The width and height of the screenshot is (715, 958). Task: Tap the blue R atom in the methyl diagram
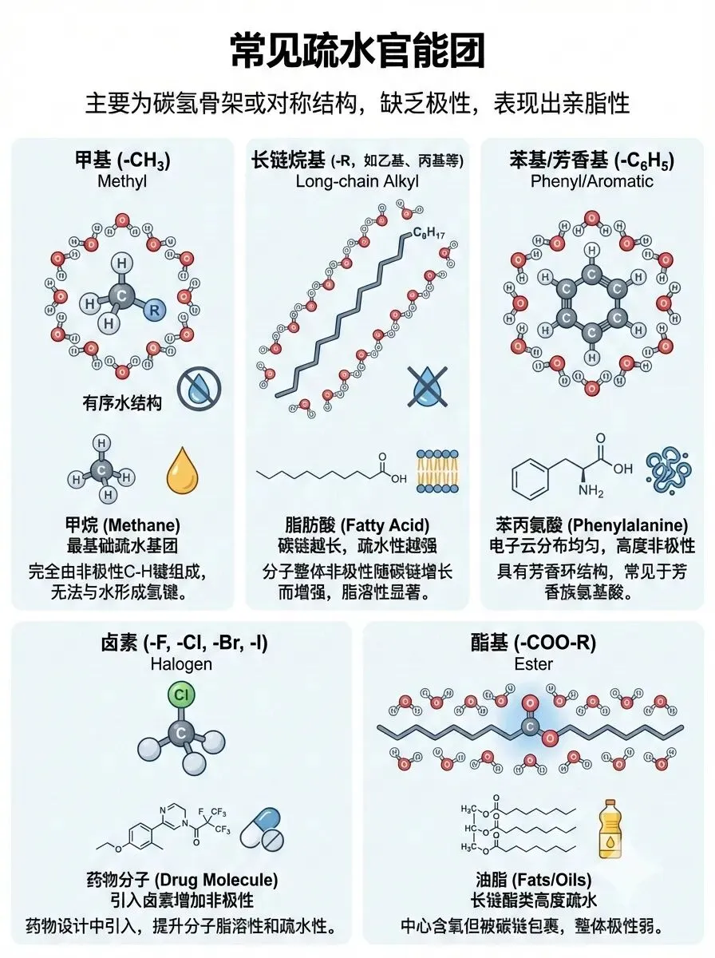coord(154,311)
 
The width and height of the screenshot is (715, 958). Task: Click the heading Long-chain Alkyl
coord(357,181)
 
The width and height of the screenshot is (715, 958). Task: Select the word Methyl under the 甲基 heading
coord(122,181)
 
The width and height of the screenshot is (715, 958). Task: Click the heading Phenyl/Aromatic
coord(591,181)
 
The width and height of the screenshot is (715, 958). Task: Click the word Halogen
coord(182,663)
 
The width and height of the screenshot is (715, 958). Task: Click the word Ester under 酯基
coord(533,663)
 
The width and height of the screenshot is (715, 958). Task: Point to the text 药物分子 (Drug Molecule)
coord(182,880)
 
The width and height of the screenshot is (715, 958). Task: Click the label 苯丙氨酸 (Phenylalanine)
coord(591,525)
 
